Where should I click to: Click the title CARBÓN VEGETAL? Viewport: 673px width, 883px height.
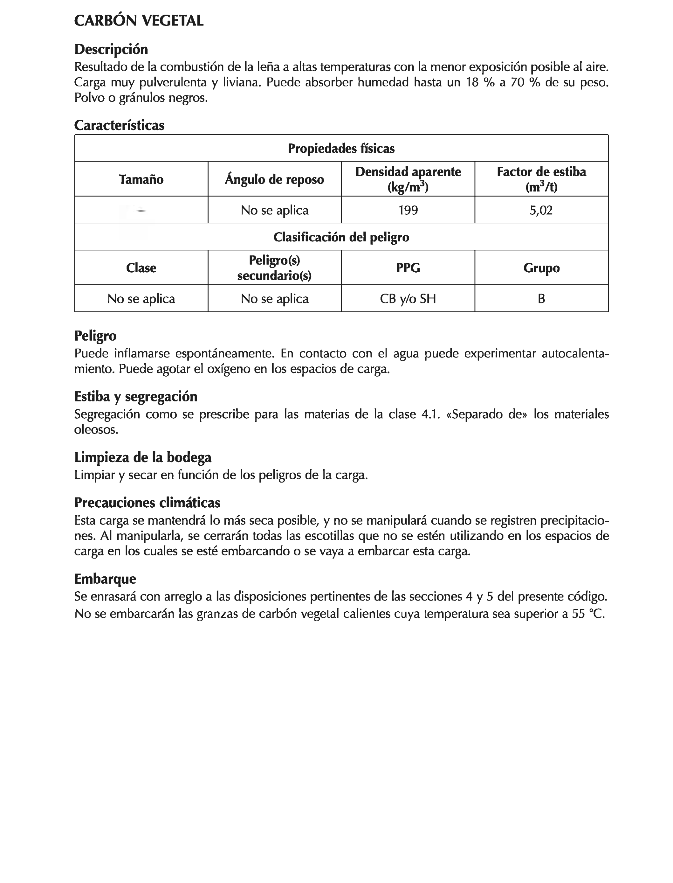coord(139,20)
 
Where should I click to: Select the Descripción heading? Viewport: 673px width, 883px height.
coord(111,49)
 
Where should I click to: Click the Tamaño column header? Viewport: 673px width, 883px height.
coord(141,179)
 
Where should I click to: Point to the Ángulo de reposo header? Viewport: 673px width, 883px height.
coord(274,179)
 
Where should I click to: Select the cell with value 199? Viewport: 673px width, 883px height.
coord(408,210)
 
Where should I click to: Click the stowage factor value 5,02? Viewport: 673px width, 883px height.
coord(541,210)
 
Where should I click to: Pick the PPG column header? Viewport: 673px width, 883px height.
coord(408,268)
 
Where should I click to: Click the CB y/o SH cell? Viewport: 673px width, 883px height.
coord(408,299)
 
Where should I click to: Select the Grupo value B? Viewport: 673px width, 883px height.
coord(541,299)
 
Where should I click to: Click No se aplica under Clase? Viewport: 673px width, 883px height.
coord(141,299)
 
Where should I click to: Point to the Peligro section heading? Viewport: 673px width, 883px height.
coord(95,336)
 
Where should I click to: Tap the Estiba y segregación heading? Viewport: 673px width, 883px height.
coord(136,396)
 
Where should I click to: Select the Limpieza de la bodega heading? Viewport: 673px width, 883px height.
coord(143,457)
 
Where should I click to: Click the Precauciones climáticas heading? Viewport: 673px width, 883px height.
coord(147,503)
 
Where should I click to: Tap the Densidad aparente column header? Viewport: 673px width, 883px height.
coord(408,179)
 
